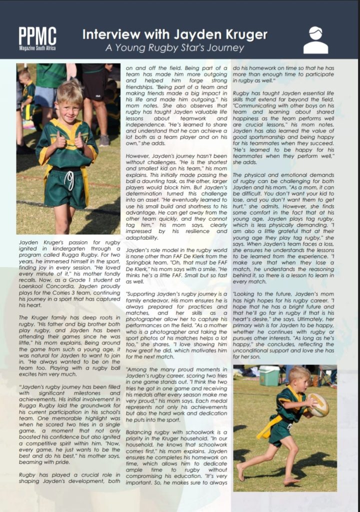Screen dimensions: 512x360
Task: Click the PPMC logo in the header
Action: (x=37, y=36)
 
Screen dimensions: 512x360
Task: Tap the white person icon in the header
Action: (x=315, y=40)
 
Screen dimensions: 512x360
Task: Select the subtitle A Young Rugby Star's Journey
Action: (x=174, y=48)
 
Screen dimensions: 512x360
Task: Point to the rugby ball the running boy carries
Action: (x=318, y=404)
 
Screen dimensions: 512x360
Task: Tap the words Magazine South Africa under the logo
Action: (x=37, y=48)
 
